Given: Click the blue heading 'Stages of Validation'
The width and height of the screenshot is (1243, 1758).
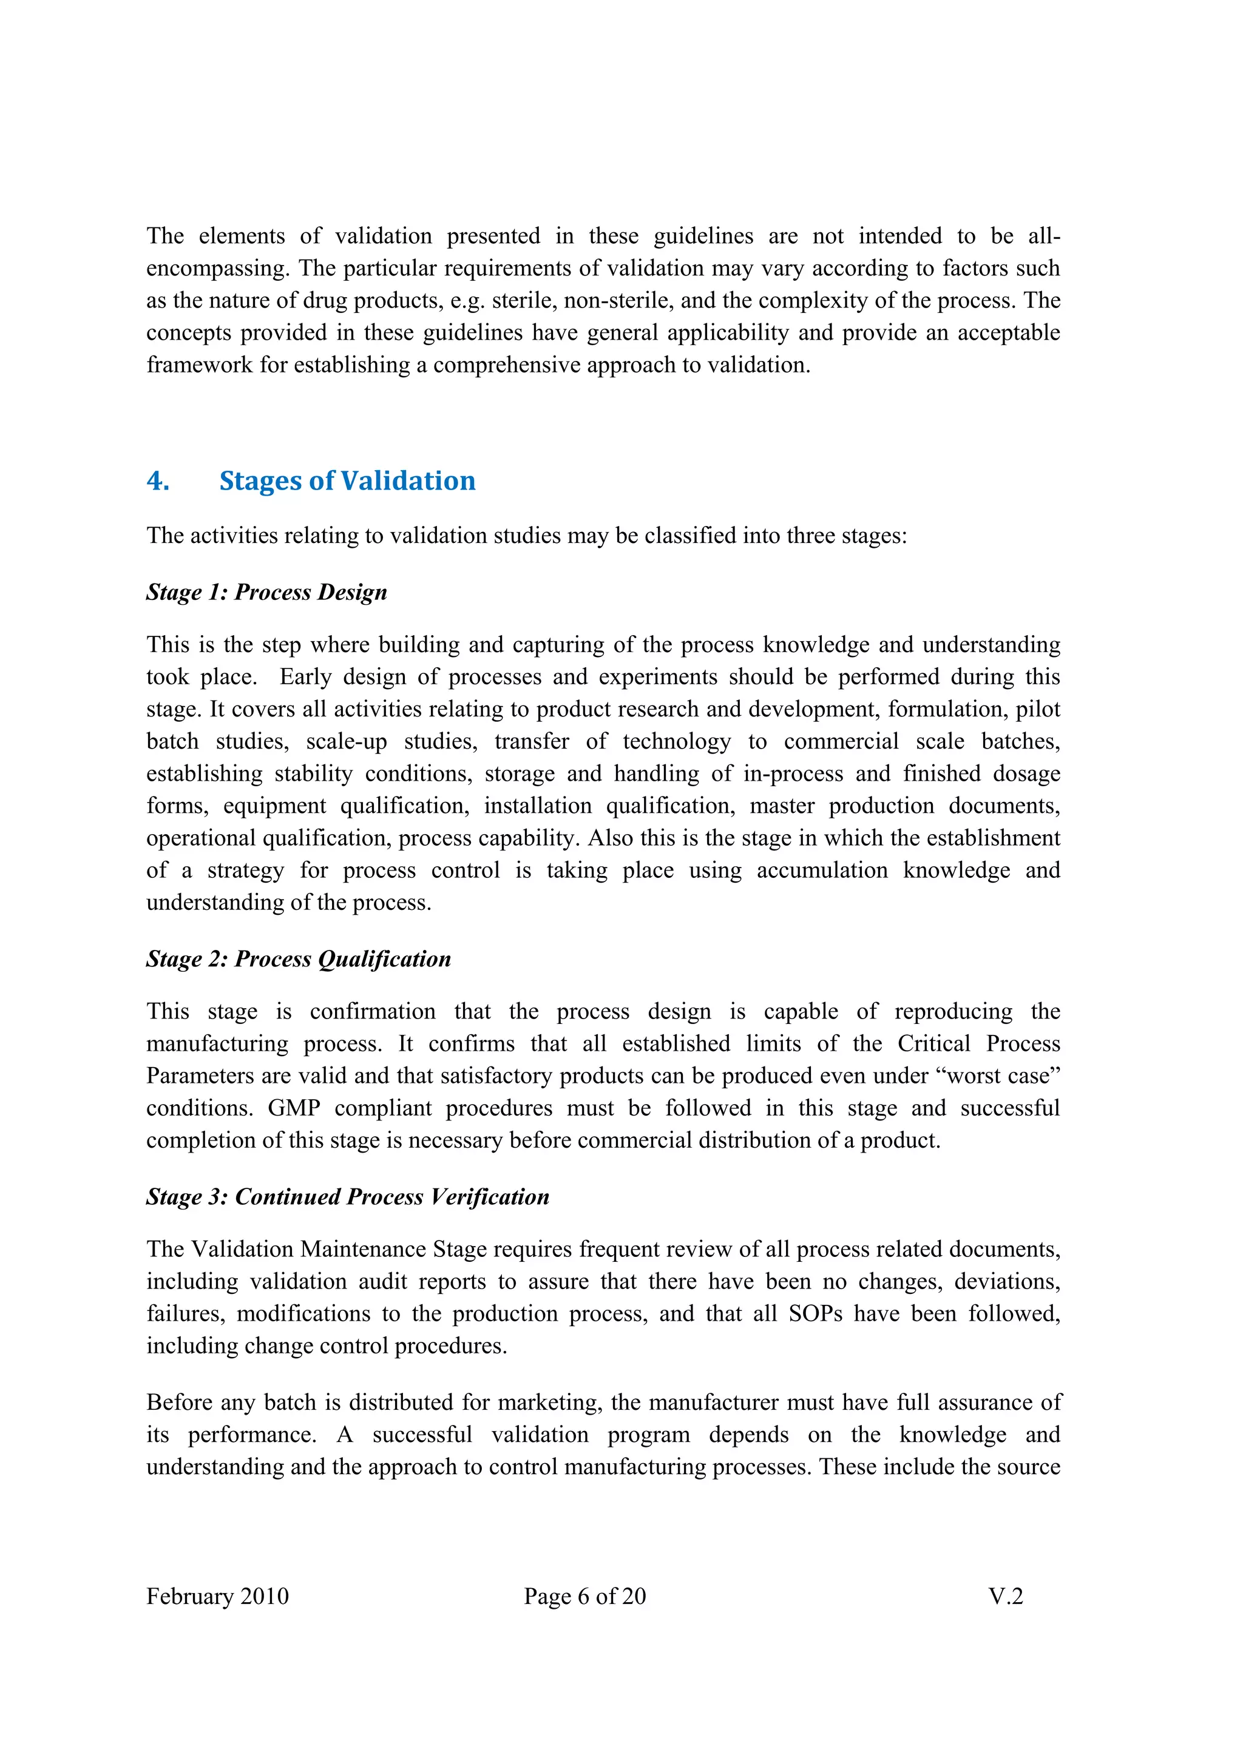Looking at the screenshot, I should pyautogui.click(x=347, y=481).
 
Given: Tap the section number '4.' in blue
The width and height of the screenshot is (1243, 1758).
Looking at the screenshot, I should pyautogui.click(x=158, y=481).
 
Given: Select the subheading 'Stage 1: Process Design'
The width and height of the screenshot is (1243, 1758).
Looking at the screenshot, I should pyautogui.click(x=266, y=592).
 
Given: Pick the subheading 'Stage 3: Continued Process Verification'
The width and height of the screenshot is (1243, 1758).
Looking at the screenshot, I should pyautogui.click(x=348, y=1197).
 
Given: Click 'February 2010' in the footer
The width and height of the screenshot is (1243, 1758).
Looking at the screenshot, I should pyautogui.click(x=217, y=1597).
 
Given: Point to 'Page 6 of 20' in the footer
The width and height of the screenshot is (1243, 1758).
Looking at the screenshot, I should pyautogui.click(x=584, y=1597).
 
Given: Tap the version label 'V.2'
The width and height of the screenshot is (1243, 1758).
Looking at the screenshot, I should pyautogui.click(x=1005, y=1597).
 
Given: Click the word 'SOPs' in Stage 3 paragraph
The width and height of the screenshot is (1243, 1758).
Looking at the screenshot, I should pyautogui.click(x=815, y=1314).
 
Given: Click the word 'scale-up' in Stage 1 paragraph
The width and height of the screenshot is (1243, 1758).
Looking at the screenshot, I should pyautogui.click(x=346, y=741).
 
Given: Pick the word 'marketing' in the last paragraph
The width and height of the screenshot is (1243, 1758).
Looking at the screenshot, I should pyautogui.click(x=550, y=1403).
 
